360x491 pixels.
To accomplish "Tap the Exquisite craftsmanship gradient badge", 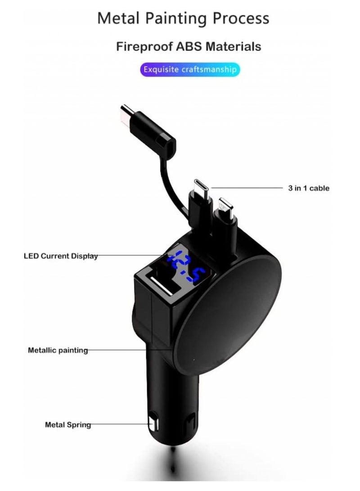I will tap(189, 70).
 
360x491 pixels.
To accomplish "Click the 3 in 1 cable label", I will tap(309, 188).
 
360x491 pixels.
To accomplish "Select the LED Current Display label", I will tap(60, 256).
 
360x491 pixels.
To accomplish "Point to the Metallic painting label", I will tap(58, 350).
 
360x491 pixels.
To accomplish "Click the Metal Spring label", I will tap(67, 424).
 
